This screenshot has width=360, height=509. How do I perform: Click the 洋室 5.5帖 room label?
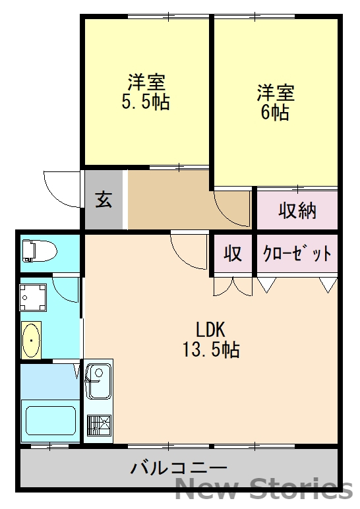(x=146, y=92)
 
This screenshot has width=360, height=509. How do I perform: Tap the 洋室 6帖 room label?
(x=275, y=102)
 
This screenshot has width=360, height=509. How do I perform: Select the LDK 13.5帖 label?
(x=211, y=339)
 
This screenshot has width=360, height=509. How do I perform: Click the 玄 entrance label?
(x=104, y=199)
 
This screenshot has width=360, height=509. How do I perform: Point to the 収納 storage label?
(x=297, y=210)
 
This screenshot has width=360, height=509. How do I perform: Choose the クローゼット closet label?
(x=297, y=253)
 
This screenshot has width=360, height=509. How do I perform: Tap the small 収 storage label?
(x=233, y=253)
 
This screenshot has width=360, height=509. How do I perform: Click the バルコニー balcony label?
(x=179, y=469)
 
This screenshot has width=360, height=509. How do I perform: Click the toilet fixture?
(x=38, y=251)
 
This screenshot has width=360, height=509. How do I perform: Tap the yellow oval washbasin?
(x=31, y=340)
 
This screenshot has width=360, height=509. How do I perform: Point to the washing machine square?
(x=33, y=297)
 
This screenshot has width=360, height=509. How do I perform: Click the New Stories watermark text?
(x=264, y=489)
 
